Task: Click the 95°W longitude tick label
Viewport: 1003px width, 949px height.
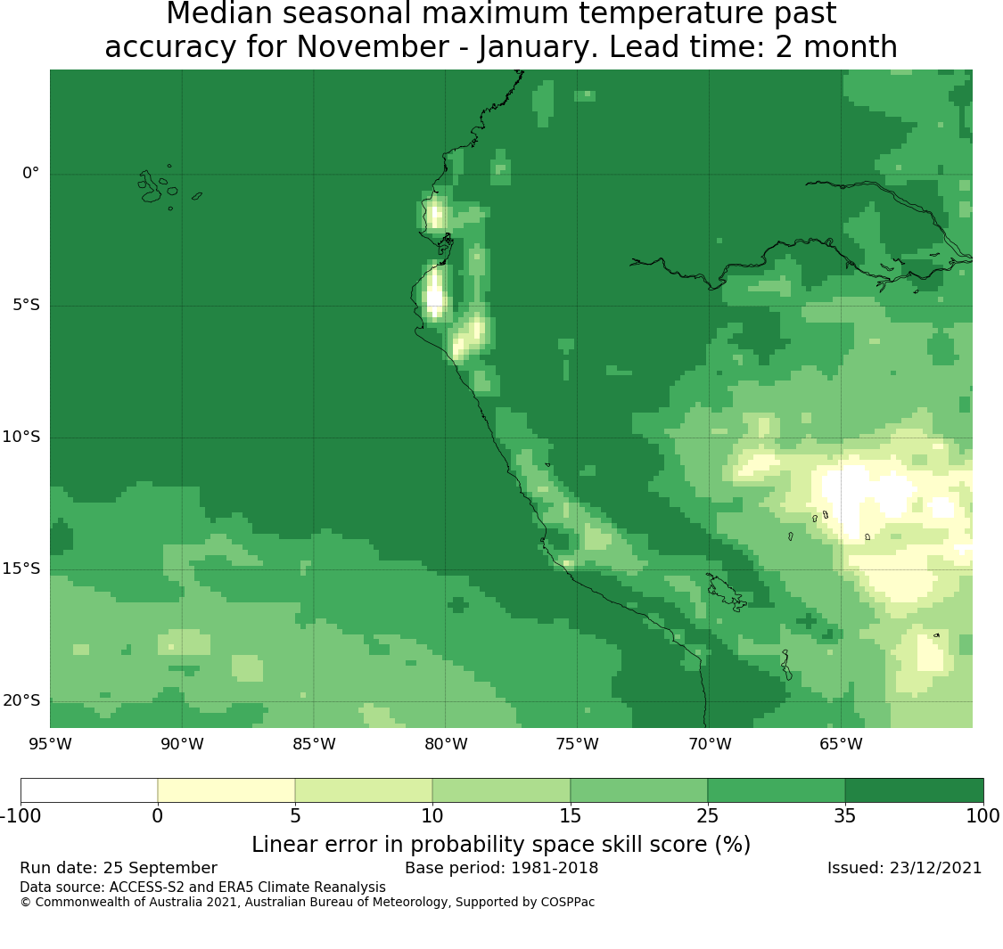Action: coord(50,744)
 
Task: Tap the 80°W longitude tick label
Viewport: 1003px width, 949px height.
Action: coord(446,744)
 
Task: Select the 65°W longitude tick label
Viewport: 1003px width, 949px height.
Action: coord(841,744)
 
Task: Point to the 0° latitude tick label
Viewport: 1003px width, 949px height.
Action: coord(31,173)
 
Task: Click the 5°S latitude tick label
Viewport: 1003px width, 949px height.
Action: coord(25,305)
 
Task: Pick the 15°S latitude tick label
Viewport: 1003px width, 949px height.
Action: coord(21,569)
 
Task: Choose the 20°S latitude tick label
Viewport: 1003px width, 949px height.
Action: coord(21,700)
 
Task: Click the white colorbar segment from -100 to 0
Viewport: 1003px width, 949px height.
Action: coord(89,790)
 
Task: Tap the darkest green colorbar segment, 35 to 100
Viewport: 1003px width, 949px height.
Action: coord(914,790)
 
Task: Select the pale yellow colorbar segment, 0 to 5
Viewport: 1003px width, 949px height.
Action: coord(226,790)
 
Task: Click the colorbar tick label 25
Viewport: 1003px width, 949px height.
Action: coord(708,815)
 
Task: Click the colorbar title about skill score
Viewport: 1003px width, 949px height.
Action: coord(501,845)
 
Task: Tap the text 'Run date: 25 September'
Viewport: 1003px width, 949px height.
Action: coord(119,868)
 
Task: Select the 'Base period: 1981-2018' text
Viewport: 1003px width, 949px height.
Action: coord(501,868)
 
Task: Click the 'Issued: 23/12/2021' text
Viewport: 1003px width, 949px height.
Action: coord(904,868)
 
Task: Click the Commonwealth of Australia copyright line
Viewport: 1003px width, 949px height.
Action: coord(307,903)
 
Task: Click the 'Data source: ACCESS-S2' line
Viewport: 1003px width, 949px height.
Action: coord(202,888)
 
